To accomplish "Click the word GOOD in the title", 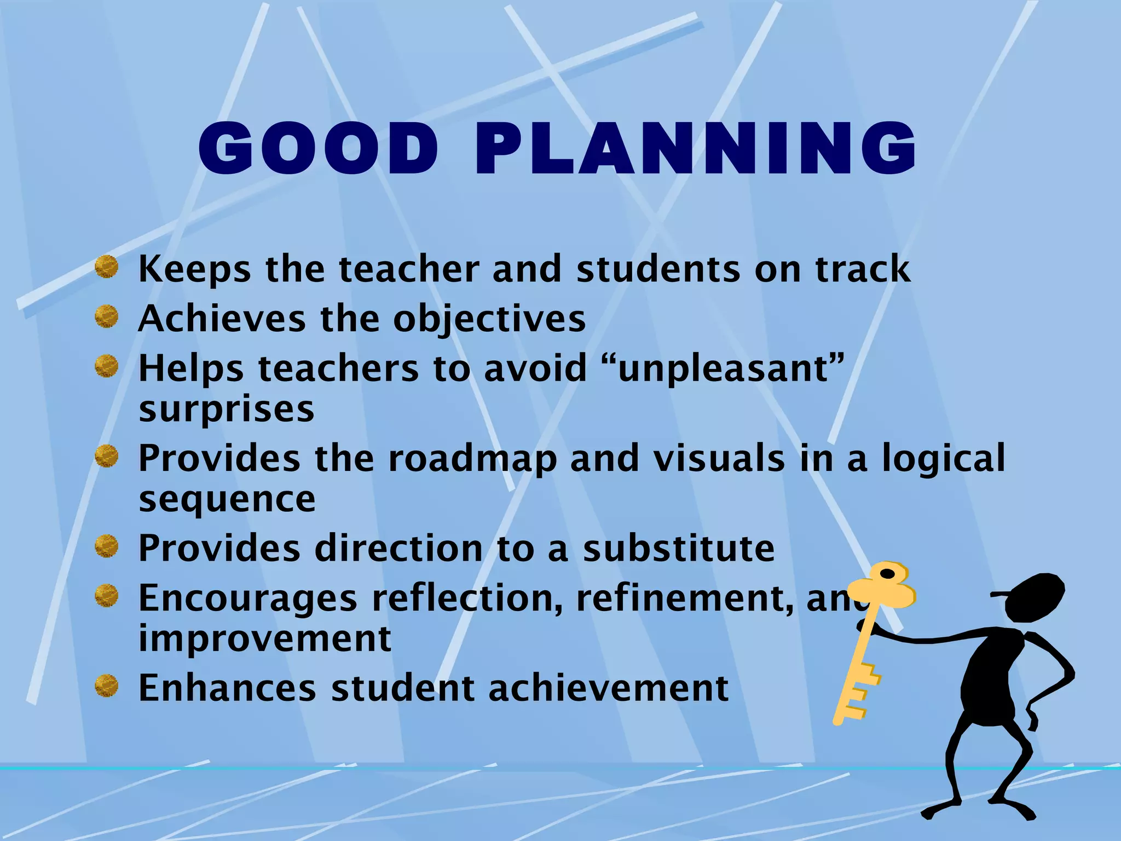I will point(318,149).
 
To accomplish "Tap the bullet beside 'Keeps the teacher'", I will point(106,268).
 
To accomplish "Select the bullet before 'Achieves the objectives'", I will point(106,317).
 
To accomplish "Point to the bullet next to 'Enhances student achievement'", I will point(106,686).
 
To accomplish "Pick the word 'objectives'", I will point(489,319).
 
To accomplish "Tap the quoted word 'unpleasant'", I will point(731,368).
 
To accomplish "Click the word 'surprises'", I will point(227,410).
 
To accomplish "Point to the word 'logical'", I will point(943,459).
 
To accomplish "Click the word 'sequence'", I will point(227,499).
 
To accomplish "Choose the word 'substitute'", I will point(679,548).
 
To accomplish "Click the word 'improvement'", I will point(265,638).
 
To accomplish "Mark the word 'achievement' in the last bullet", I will point(608,688).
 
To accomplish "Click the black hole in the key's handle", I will point(887,574).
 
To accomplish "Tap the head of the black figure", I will point(1035,597).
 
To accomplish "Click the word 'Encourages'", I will point(247,598).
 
